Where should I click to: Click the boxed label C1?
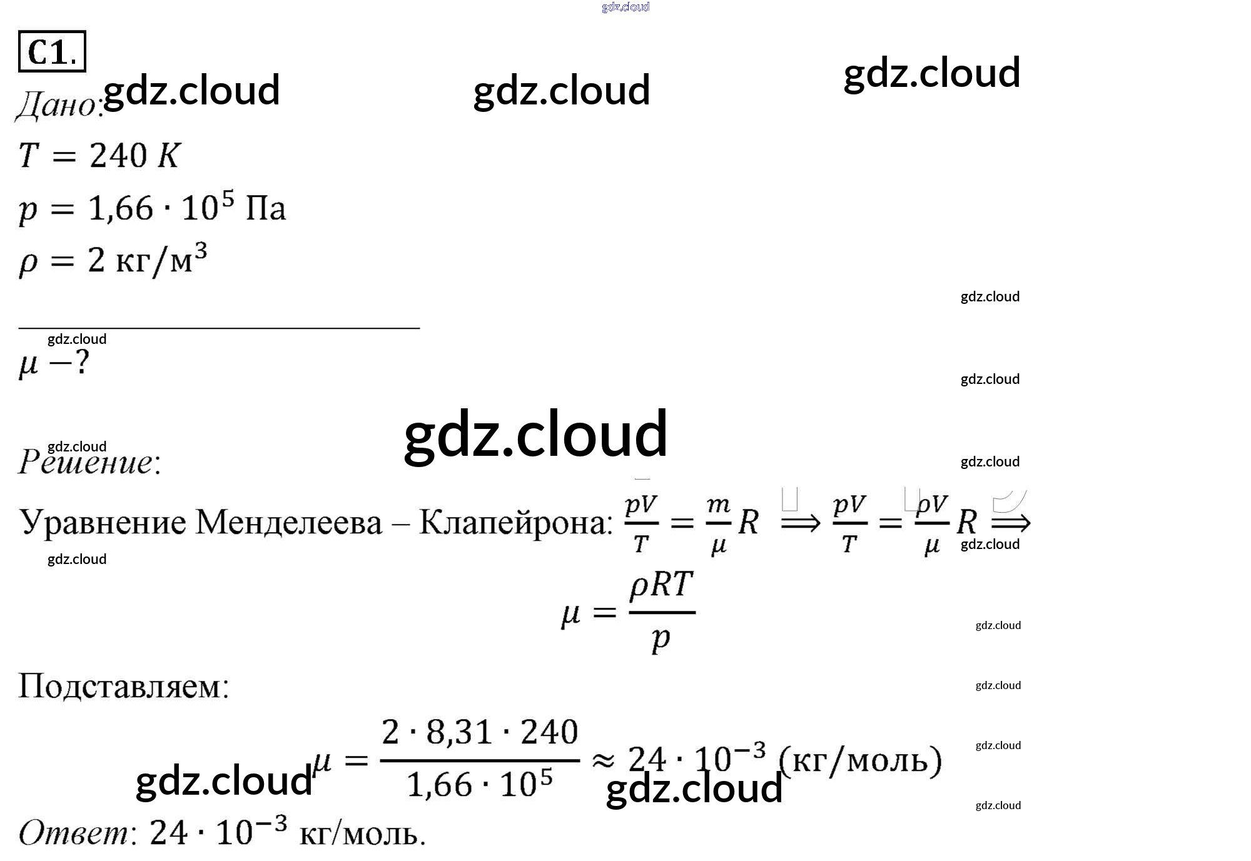pyautogui.click(x=52, y=51)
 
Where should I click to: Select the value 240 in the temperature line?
pyautogui.click(x=118, y=155)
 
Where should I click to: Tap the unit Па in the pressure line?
pyautogui.click(x=265, y=208)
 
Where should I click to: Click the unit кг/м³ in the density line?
pyautogui.click(x=161, y=259)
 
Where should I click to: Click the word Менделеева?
pyautogui.click(x=288, y=522)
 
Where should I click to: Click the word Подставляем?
pyautogui.click(x=124, y=686)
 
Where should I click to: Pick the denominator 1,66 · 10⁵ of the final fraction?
pyautogui.click(x=480, y=784)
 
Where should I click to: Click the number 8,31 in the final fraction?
pyautogui.click(x=458, y=732)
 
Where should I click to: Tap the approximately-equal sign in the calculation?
pyautogui.click(x=603, y=760)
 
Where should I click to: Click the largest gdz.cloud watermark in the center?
pyautogui.click(x=535, y=434)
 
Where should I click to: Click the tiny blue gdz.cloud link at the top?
pyautogui.click(x=625, y=7)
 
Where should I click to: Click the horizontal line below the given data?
pyautogui.click(x=219, y=327)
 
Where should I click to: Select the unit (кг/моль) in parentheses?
pyautogui.click(x=860, y=760)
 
